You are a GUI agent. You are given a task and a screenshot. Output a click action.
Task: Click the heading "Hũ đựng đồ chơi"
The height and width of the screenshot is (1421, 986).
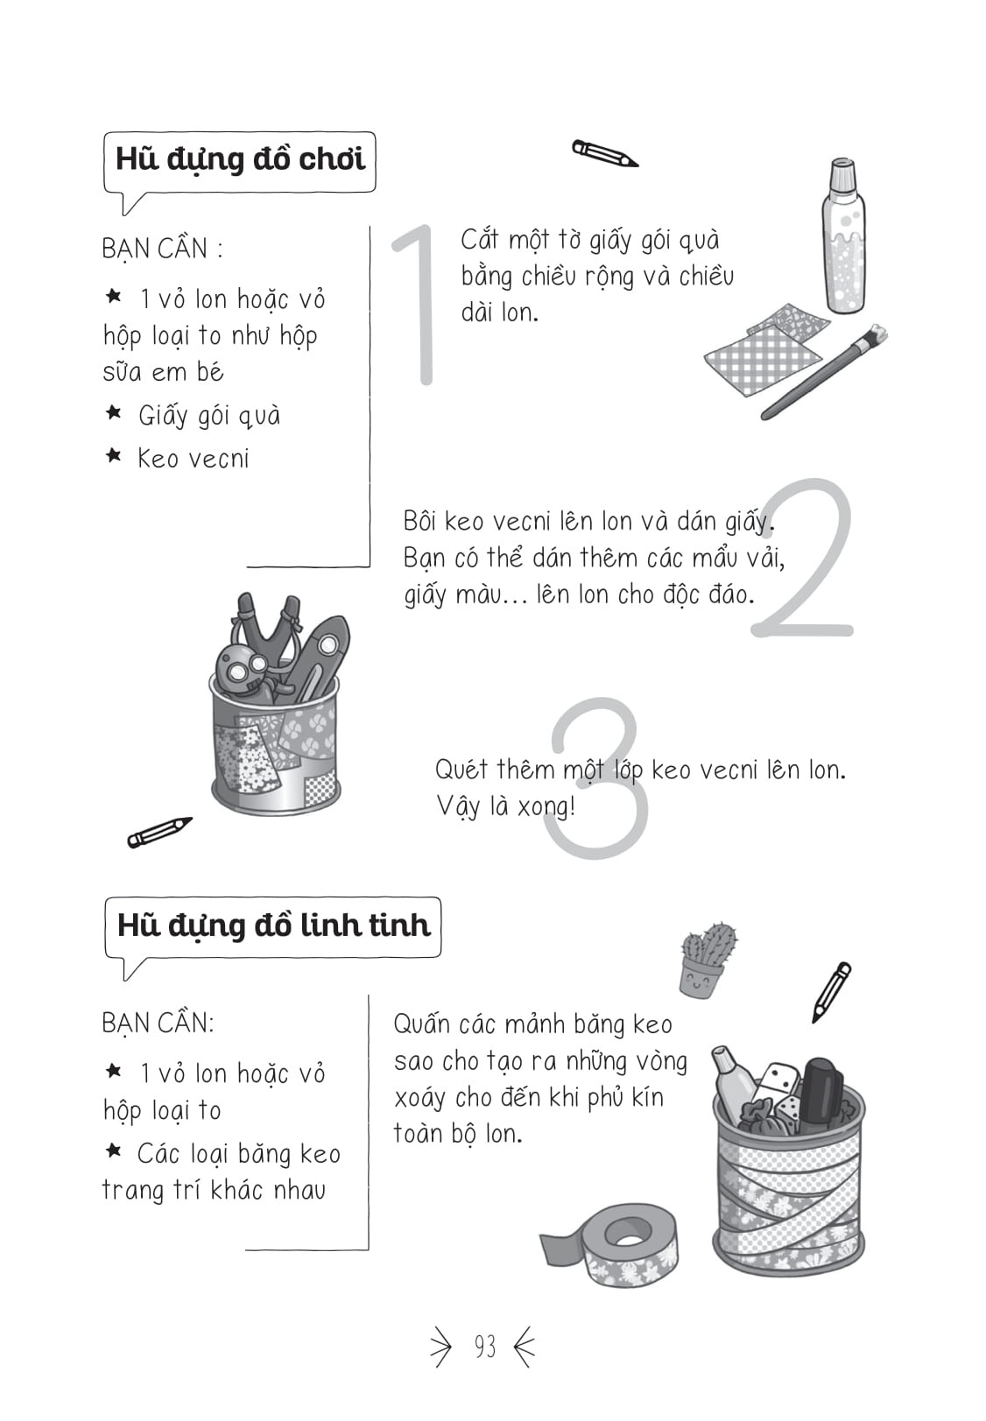point(239,159)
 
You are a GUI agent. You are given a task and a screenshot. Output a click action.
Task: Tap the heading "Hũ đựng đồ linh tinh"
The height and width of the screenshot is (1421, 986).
point(273,925)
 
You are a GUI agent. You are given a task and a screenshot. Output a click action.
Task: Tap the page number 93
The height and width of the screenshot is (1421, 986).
point(484,1347)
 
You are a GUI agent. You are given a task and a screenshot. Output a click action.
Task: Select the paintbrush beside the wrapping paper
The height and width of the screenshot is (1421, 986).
point(823,372)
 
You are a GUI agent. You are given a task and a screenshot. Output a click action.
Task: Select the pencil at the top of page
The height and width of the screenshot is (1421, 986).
point(604,153)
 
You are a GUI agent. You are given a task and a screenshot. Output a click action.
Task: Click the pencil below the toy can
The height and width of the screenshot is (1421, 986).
point(159,832)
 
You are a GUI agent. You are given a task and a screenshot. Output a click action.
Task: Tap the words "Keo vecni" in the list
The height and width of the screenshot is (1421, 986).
point(193,459)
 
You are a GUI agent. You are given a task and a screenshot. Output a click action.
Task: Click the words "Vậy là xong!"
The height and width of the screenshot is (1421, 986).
point(505,806)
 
